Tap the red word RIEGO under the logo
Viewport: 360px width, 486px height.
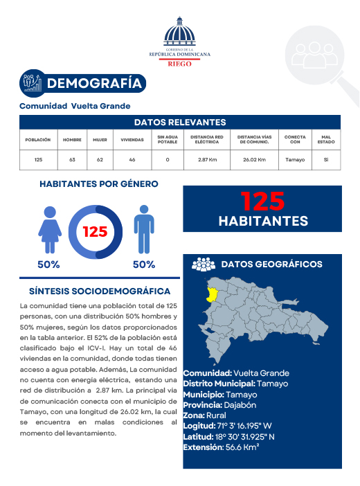179,63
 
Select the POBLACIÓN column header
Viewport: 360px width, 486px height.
38,139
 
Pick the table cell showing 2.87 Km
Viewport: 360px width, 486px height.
208,160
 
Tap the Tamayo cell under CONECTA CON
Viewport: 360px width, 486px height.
295,160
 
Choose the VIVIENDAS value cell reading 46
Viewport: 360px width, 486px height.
132,160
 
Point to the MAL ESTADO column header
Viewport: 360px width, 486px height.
326,139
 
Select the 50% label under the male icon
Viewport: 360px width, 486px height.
143,264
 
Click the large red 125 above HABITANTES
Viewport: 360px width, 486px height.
262,201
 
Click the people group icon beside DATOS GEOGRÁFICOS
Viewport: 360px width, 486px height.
203,264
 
